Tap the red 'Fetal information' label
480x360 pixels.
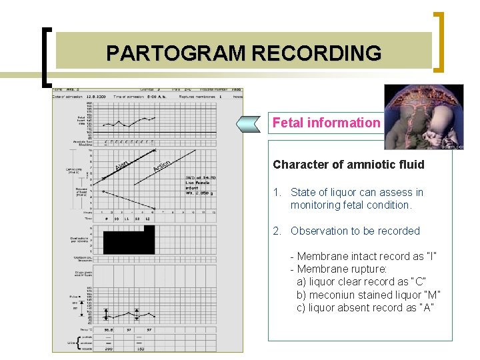coord(325,123)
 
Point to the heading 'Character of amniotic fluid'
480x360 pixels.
coord(349,164)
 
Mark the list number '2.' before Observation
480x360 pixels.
coord(277,231)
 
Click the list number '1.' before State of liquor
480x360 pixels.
coord(277,193)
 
